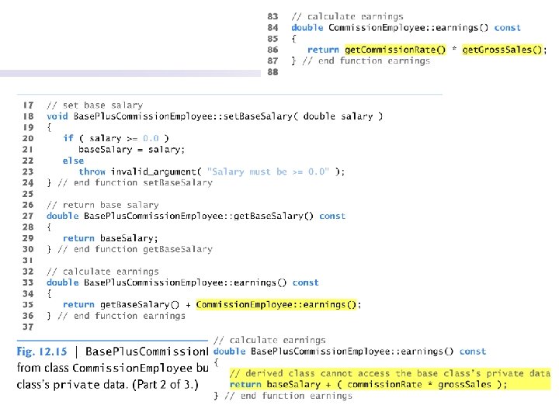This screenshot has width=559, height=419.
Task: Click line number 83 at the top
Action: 272,16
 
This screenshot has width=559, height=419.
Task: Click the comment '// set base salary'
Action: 95,105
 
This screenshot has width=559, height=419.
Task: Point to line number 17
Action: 27,105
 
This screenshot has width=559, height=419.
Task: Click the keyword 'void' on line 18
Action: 57,116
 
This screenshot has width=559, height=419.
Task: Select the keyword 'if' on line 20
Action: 68,138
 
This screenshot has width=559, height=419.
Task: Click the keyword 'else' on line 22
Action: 73,161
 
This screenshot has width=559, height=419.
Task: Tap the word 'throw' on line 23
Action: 92,171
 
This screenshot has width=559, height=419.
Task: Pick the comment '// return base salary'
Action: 100,205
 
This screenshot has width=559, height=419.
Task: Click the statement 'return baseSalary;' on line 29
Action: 109,238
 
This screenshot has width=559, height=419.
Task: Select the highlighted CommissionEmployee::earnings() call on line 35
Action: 278,305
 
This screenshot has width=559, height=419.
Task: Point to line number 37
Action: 27,327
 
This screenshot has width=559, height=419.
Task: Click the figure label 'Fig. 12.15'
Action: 41,351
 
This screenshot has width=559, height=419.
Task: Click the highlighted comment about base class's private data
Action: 389,373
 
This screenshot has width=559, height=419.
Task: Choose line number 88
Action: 272,71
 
